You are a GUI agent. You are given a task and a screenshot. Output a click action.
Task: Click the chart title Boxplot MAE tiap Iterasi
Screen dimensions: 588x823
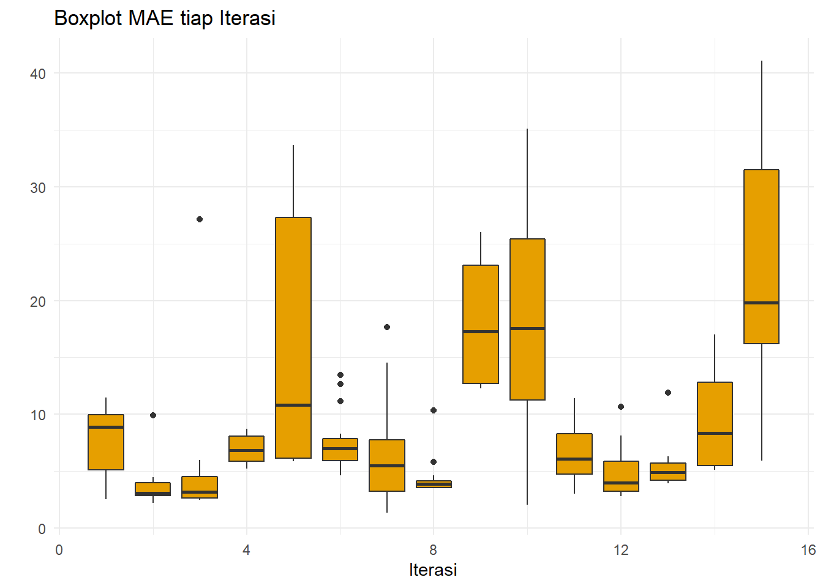165,18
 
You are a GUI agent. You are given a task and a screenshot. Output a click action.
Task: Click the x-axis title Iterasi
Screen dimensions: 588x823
433,570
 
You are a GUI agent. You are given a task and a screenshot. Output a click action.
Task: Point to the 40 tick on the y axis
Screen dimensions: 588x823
38,74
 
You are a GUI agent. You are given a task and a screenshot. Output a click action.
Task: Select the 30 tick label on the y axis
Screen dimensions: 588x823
38,188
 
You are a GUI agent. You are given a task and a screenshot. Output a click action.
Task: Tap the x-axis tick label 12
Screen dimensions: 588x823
621,550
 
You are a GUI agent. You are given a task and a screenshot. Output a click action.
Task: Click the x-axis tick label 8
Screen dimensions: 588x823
434,550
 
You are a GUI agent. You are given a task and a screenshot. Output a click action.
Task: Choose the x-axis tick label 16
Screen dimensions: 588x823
808,550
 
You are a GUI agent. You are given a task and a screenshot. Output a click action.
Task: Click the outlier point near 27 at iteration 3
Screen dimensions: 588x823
200,219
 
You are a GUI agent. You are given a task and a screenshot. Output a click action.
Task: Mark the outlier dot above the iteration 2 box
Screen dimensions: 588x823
153,415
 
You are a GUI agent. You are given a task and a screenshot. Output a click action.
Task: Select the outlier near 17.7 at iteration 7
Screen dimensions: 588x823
387,327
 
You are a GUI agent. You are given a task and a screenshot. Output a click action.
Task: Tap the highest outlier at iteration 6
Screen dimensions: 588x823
340,375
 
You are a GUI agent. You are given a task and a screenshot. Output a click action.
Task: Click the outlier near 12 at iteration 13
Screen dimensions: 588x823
668,393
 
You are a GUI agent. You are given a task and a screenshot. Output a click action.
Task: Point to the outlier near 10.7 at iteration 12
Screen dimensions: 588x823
621,407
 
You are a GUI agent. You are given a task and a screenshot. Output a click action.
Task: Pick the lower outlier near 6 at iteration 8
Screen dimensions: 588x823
434,462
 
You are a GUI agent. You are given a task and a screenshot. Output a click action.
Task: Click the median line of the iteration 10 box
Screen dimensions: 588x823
527,328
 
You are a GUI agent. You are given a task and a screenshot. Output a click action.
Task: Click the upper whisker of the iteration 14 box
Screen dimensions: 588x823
715,358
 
